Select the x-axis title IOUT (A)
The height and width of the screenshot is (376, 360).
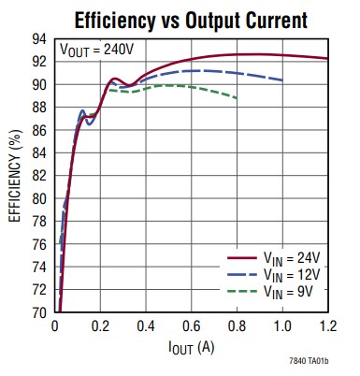(x=192, y=350)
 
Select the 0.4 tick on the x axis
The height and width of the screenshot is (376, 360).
(x=146, y=327)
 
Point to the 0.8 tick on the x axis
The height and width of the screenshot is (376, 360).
(x=238, y=327)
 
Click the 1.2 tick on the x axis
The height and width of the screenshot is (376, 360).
(x=328, y=327)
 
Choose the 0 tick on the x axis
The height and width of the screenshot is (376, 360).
(x=55, y=327)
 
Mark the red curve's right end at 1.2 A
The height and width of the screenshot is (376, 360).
(x=328, y=58)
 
